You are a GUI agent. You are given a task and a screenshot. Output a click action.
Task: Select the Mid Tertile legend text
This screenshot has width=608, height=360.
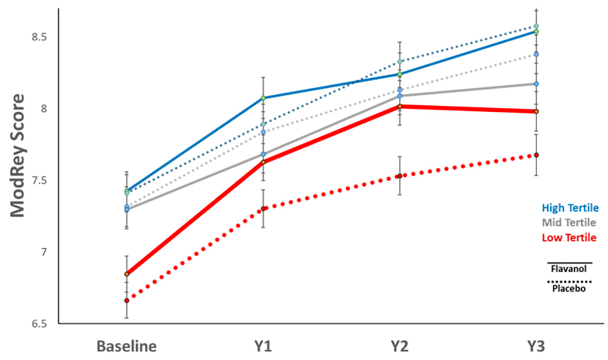click(569, 222)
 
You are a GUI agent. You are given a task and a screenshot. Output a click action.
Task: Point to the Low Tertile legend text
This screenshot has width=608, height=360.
click(569, 237)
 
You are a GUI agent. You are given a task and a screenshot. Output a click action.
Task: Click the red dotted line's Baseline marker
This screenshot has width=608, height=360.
click(127, 301)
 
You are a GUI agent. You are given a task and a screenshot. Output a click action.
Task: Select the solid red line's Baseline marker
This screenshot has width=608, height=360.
click(127, 274)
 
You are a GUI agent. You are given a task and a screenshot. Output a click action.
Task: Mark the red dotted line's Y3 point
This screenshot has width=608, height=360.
click(536, 155)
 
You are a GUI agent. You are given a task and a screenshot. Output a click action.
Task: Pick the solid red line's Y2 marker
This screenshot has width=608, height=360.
click(399, 107)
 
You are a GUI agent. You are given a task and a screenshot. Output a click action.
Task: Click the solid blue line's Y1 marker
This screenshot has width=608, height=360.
click(263, 98)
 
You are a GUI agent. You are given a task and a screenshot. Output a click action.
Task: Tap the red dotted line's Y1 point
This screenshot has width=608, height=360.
click(263, 209)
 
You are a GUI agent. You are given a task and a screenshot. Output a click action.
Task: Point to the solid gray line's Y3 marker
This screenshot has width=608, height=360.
click(536, 83)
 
